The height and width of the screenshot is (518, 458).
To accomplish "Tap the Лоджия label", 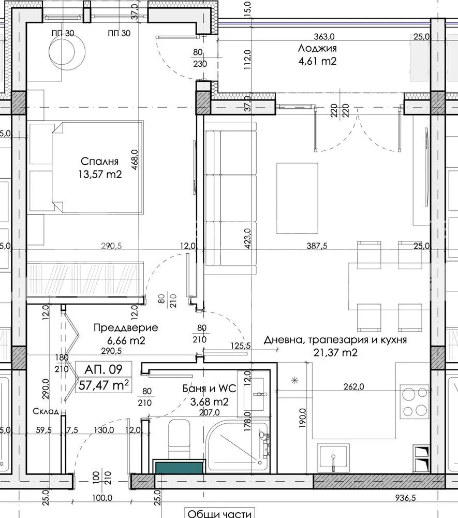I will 317,49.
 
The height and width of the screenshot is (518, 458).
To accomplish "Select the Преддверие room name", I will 126,328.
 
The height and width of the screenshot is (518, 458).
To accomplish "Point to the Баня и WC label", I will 206,388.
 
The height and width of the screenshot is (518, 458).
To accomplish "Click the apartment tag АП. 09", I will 103,370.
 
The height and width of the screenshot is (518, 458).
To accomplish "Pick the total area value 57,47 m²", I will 103,385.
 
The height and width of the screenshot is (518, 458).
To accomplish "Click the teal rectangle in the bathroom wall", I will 179,467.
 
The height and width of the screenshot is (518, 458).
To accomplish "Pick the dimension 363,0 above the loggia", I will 324,36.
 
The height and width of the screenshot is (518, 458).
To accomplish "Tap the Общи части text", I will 219,513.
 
